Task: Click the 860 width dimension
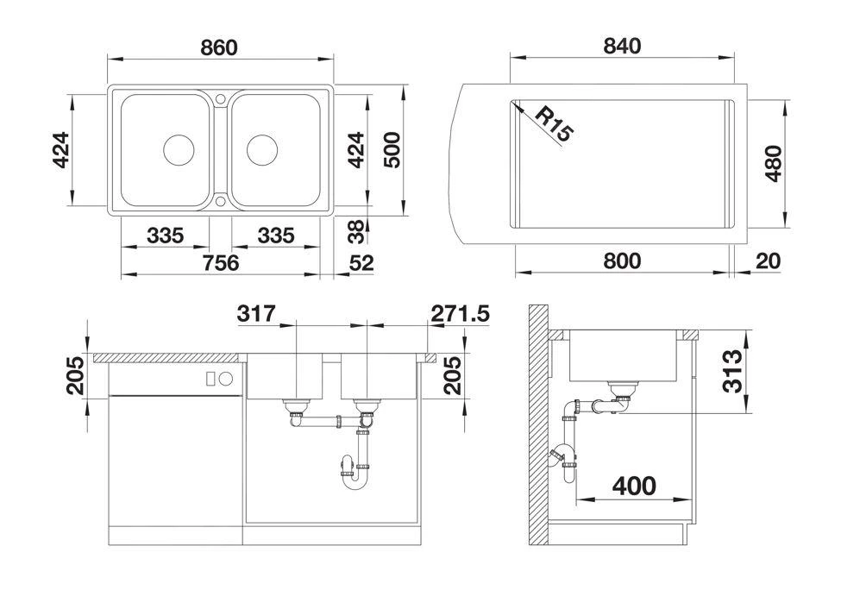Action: coord(219,47)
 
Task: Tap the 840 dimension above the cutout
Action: coord(622,46)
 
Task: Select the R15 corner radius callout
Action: coord(555,124)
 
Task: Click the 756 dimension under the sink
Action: coord(221,263)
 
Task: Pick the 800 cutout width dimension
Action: coord(622,261)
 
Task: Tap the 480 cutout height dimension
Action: coord(774,163)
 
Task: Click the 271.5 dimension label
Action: coord(461,313)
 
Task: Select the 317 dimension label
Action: coord(256,313)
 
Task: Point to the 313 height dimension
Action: coord(731,371)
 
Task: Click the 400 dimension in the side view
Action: coord(634,486)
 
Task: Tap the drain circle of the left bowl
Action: coord(179,149)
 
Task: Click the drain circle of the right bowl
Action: coord(262,149)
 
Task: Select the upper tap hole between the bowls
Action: coord(221,98)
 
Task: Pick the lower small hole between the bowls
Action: coord(221,201)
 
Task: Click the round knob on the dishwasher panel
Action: coord(226,379)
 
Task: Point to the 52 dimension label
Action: coord(361,263)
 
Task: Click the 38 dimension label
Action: coord(356,232)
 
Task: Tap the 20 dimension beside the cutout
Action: coord(768,261)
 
